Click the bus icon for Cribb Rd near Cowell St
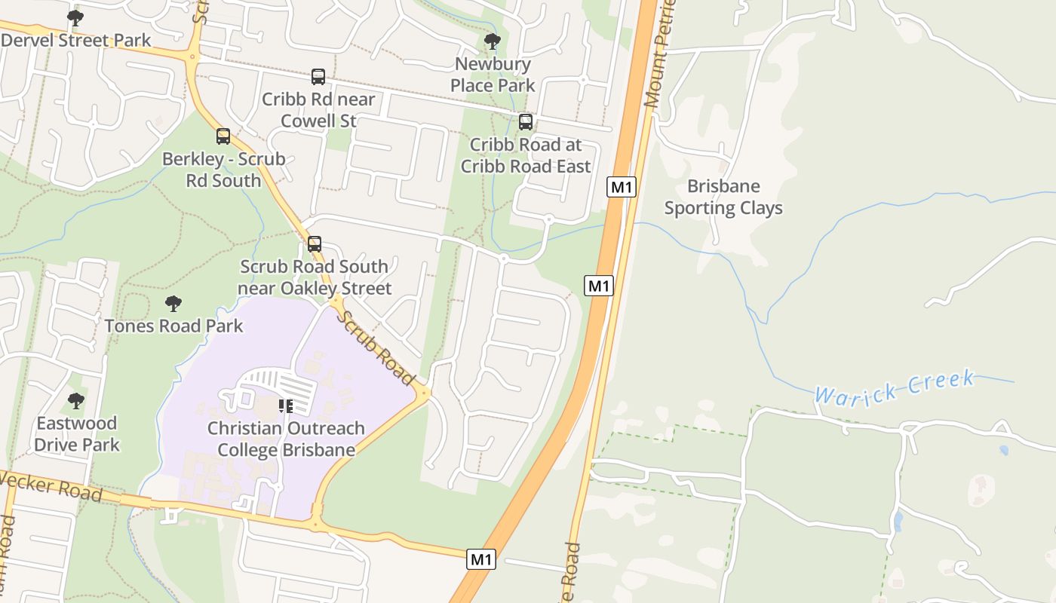(318, 76)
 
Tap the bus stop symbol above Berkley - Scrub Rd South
(223, 136)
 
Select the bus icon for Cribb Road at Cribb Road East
(526, 121)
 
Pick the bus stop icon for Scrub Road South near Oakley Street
(315, 244)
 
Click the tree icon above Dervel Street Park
(75, 17)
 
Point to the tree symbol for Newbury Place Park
(493, 41)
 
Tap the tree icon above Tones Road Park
(173, 304)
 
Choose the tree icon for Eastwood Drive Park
(76, 401)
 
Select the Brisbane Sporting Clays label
(723, 197)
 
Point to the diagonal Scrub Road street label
(375, 347)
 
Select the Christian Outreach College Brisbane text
(286, 439)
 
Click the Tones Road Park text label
(173, 326)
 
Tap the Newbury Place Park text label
(493, 75)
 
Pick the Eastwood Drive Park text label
(76, 434)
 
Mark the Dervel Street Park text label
(76, 40)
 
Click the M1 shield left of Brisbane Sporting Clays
(621, 186)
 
